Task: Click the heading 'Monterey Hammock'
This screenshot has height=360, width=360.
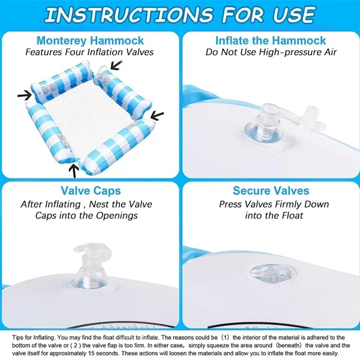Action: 90,41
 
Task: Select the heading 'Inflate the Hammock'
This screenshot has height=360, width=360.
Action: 271,41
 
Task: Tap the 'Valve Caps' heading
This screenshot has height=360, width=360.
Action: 91,191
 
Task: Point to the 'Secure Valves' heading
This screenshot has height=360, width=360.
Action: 271,191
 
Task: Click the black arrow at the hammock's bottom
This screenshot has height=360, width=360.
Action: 74,171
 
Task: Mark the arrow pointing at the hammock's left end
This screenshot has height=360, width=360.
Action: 25,95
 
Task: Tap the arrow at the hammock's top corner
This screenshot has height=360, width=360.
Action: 116,65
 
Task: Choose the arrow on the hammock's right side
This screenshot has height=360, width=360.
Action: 157,116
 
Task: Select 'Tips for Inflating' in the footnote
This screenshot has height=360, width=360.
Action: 34,337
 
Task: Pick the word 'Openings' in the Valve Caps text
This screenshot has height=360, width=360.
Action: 117,215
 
